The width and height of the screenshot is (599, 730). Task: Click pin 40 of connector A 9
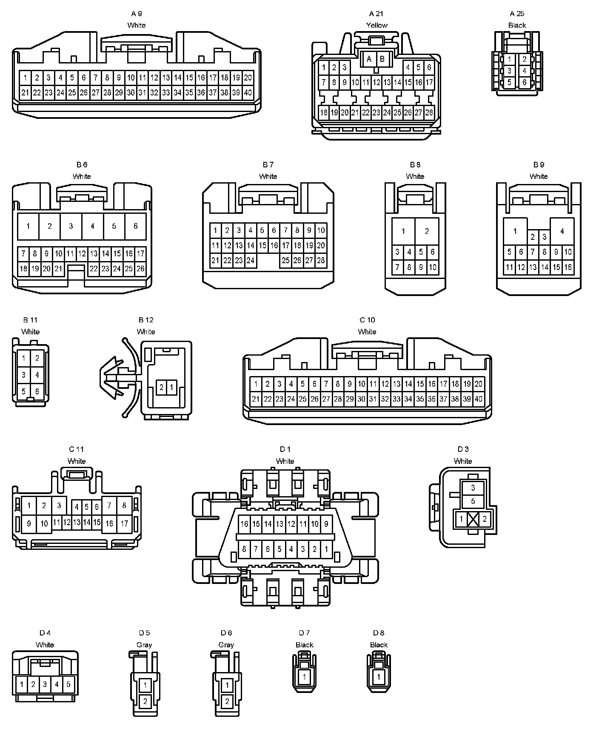pos(248,92)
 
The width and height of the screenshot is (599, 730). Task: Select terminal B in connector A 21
pos(382,59)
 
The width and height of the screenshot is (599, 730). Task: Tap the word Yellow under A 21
pos(377,25)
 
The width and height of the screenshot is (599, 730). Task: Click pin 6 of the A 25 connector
pos(525,82)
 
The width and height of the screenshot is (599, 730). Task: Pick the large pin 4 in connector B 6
pos(92,226)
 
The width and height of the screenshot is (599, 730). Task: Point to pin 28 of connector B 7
pos(321,260)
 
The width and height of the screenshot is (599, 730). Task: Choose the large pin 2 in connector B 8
pos(427,231)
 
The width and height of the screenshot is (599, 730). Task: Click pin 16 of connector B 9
pos(568,267)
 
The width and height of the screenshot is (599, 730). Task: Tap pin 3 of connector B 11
pos(24,375)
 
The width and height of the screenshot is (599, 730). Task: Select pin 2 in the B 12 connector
pos(161,388)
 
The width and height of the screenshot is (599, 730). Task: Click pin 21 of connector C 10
pos(256,399)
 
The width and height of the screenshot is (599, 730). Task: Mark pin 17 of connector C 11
pos(124,523)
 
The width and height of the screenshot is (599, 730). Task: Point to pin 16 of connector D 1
pos(244,524)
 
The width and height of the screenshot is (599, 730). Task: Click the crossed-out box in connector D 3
pos(473,519)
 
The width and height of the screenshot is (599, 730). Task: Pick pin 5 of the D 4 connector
pos(68,685)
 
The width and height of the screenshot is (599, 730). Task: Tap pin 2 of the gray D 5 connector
pos(145,701)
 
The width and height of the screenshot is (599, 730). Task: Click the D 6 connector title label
pos(226,633)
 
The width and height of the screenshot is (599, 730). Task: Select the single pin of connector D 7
pos(304,677)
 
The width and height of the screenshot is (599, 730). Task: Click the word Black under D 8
pos(378,645)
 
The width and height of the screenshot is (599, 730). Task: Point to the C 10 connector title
pos(367,320)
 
